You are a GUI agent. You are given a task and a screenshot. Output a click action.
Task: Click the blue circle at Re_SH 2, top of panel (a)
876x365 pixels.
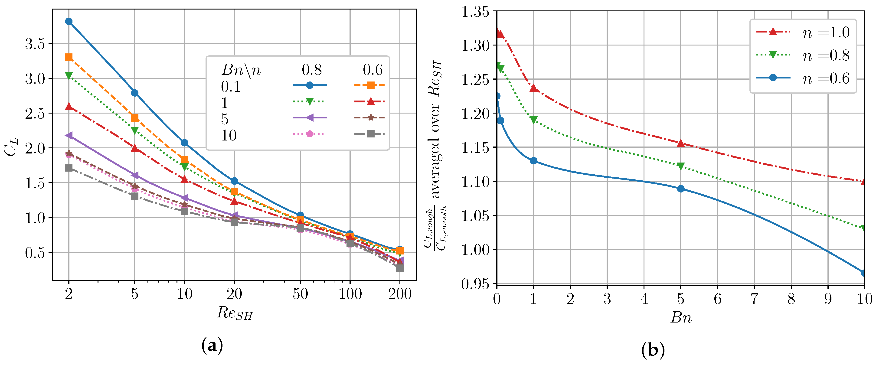click(x=69, y=21)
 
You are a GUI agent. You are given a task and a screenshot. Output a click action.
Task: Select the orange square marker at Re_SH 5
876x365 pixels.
click(x=135, y=118)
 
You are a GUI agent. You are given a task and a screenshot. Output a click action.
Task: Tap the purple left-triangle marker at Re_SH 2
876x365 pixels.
click(x=69, y=136)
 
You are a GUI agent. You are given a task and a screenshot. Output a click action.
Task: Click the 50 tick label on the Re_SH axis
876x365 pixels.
click(x=300, y=294)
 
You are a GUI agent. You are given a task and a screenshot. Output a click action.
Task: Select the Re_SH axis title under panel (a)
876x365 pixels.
click(x=235, y=313)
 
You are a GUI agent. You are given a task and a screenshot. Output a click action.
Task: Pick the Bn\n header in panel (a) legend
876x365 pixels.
click(x=241, y=70)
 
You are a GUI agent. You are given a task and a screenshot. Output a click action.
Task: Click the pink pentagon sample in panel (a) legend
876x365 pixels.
click(x=309, y=134)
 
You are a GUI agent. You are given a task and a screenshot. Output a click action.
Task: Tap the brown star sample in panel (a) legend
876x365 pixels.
click(x=371, y=117)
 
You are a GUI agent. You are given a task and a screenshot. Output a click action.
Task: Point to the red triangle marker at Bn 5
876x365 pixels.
click(x=680, y=143)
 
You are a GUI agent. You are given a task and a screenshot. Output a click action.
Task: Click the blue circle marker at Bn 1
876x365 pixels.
click(x=533, y=161)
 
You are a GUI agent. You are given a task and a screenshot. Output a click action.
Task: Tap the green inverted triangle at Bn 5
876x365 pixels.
click(x=680, y=166)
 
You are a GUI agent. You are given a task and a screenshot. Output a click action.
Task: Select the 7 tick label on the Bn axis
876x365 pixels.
click(x=754, y=299)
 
